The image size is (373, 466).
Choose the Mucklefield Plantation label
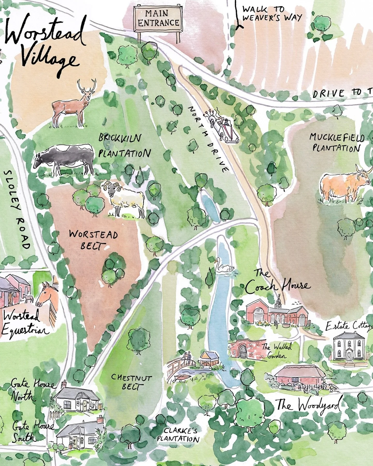(337, 142)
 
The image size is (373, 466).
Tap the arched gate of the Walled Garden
(243, 351)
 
